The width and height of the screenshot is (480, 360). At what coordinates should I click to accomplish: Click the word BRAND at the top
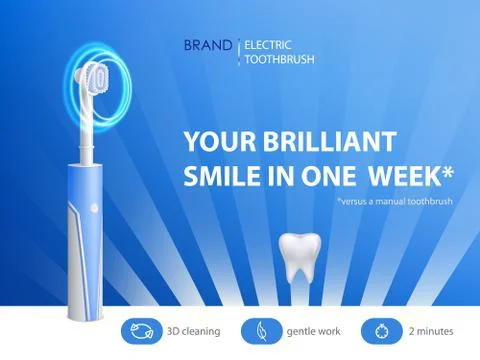207,45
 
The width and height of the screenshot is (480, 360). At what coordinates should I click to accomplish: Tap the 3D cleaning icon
140,330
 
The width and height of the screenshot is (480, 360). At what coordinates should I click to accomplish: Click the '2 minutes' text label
431,330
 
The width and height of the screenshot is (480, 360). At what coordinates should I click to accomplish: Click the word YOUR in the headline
216,141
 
